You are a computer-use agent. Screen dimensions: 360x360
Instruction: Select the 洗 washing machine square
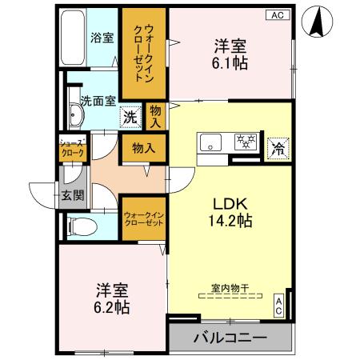point(130,117)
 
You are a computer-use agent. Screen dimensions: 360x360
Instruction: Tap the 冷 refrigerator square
point(278,147)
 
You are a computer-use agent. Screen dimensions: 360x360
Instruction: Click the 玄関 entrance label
point(70,195)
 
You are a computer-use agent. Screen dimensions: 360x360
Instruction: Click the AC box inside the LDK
point(278,303)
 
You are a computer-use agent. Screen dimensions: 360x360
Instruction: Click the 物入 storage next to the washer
point(155,117)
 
